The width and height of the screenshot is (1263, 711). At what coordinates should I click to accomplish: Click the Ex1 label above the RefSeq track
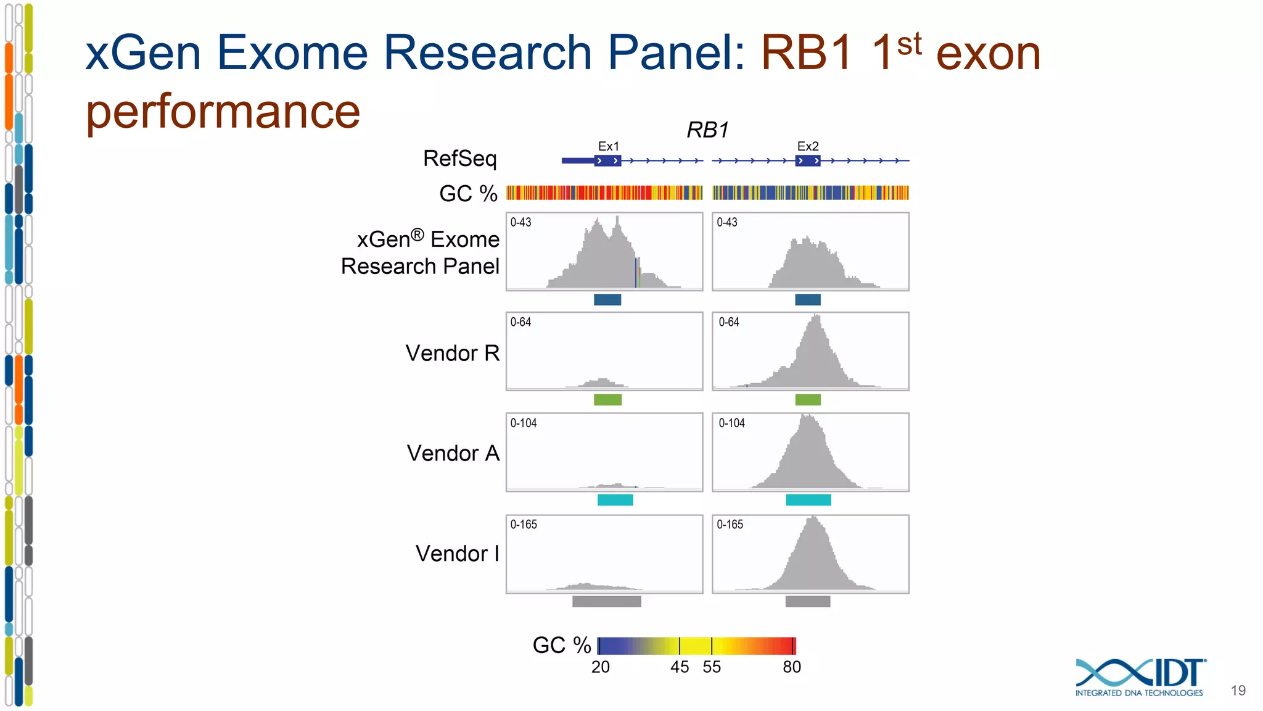tap(608, 146)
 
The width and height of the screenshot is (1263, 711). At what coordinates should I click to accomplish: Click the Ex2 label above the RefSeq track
tap(807, 146)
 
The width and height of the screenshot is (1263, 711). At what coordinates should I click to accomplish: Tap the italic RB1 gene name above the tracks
tap(707, 130)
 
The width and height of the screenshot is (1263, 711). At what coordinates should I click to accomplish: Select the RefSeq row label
tap(459, 159)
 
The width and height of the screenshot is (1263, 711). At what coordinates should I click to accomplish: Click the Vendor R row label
tap(452, 353)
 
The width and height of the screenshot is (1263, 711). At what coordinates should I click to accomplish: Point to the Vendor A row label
tap(453, 453)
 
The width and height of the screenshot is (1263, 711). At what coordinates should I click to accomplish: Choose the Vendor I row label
tap(457, 554)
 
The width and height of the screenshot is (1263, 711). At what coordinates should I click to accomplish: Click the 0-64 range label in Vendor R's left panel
tap(520, 322)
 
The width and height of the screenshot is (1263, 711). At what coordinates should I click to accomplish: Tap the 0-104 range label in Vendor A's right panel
tap(731, 423)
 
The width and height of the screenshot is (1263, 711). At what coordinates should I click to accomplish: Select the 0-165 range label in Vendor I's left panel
tap(524, 525)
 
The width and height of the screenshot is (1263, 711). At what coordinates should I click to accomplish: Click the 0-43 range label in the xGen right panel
tap(726, 222)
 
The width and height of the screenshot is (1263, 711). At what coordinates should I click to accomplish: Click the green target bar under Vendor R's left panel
tap(607, 400)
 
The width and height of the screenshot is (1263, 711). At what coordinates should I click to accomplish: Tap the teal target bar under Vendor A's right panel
tap(808, 500)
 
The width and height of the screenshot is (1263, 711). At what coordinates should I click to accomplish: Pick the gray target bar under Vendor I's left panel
tap(606, 601)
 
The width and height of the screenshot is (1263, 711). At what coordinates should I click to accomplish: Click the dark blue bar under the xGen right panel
tap(808, 300)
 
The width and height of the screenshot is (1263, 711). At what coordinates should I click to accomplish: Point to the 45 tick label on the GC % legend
tap(680, 667)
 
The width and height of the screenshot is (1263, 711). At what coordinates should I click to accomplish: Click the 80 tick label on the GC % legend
tap(792, 667)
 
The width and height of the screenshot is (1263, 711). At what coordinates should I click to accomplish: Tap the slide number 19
tap(1238, 691)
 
